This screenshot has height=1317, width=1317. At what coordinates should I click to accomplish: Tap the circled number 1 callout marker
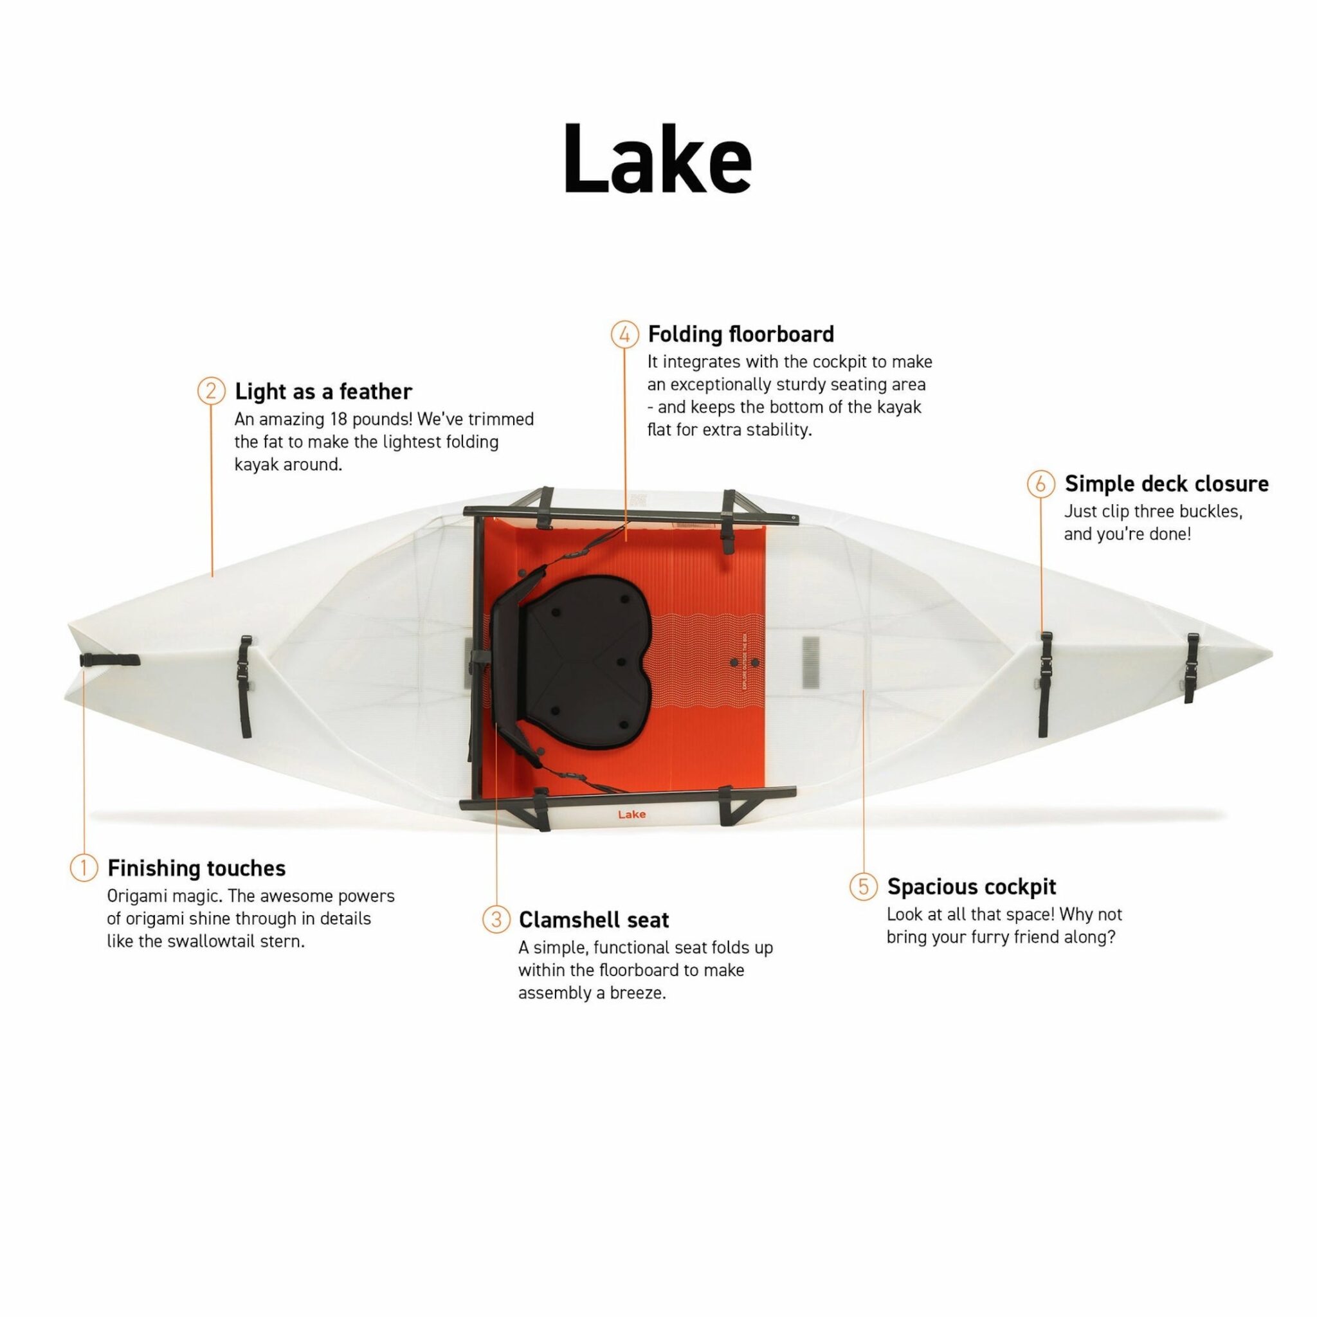[x=84, y=867]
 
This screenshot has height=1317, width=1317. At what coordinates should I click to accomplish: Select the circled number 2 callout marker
[x=212, y=391]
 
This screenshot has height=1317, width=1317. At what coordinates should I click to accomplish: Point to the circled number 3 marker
[x=496, y=920]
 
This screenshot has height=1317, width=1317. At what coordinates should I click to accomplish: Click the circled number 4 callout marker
[x=624, y=334]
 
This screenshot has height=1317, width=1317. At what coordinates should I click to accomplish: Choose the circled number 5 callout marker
[x=864, y=886]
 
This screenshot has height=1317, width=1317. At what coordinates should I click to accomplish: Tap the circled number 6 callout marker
[x=1040, y=484]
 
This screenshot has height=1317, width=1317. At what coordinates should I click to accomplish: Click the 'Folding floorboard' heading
[x=740, y=334]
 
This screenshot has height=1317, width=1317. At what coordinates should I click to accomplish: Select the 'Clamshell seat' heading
[x=594, y=920]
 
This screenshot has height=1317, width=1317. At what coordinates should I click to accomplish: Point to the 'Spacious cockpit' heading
[x=972, y=886]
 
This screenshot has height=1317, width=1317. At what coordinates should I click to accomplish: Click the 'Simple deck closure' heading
[x=1167, y=484]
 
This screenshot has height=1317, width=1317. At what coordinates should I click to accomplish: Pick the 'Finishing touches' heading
[x=196, y=867]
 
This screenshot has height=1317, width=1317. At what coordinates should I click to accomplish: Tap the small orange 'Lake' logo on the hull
[x=632, y=815]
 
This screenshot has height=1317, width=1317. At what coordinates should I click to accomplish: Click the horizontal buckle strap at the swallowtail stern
[x=109, y=660]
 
